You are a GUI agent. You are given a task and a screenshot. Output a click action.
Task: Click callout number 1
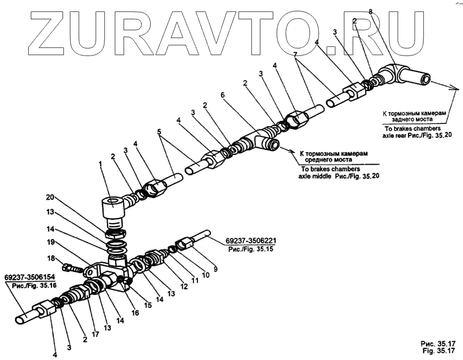[x=101, y=164]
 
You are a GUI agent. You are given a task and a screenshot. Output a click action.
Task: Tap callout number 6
[x=222, y=95]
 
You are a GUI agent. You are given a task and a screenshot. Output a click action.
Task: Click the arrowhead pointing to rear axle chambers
[x=454, y=88]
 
